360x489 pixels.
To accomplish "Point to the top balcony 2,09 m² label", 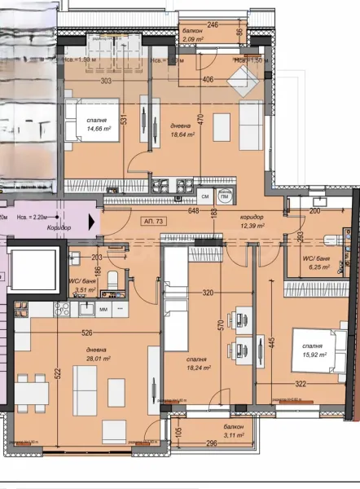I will pos(193,38).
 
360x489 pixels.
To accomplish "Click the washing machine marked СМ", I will pos(205,196).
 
